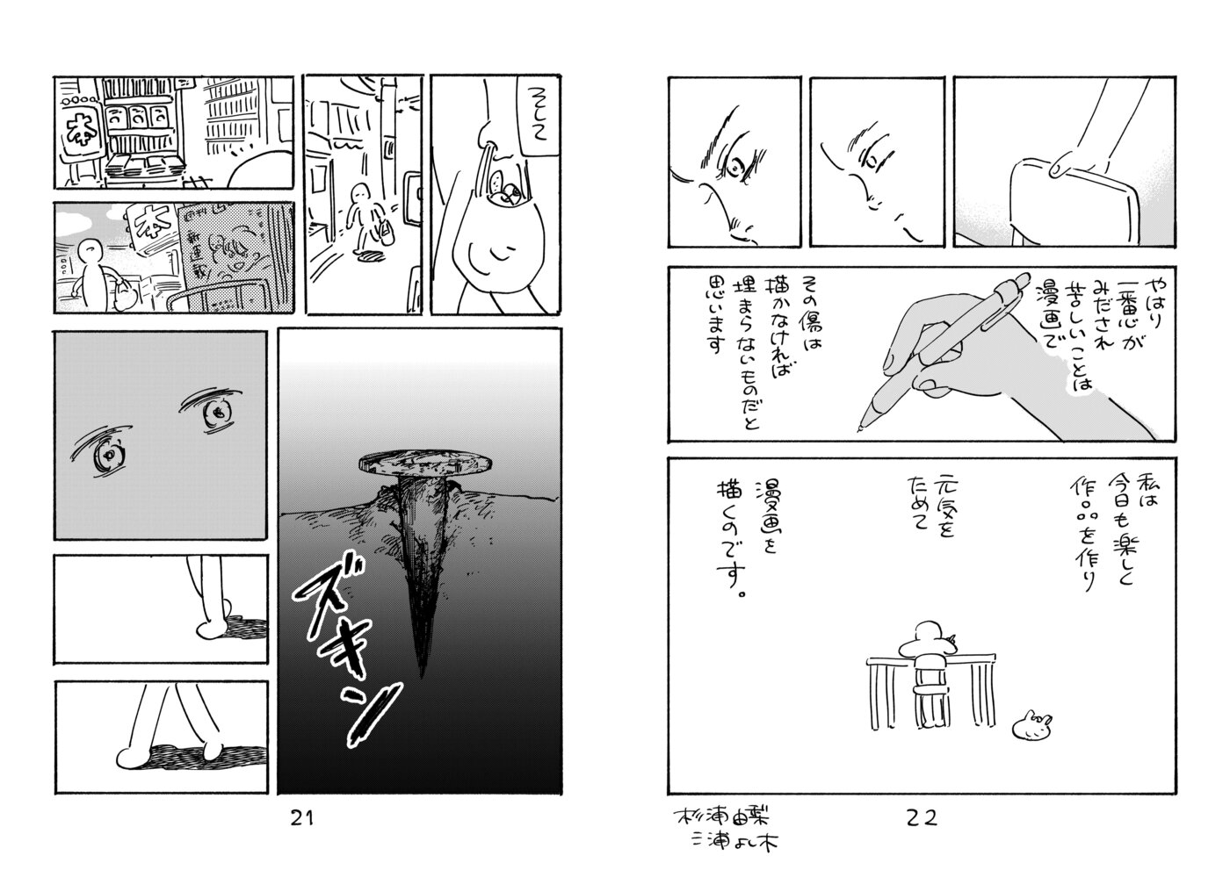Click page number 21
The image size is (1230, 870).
click(x=301, y=818)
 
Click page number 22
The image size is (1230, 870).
click(x=921, y=818)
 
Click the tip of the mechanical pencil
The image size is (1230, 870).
click(x=860, y=428)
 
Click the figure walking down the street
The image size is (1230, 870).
click(x=362, y=220)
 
